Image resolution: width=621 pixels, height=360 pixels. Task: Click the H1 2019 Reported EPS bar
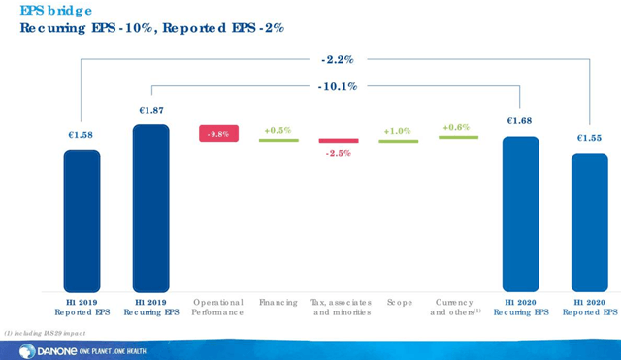[x=82, y=220]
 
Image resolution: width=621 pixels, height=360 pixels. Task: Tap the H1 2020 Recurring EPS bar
[x=520, y=213]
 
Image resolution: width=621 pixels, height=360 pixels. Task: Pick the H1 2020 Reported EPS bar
[x=590, y=222]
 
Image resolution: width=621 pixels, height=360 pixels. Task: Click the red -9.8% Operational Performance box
[x=218, y=134]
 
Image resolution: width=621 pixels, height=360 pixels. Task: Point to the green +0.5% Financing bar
[x=278, y=140]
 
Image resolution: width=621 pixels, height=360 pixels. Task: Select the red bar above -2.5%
[x=339, y=141]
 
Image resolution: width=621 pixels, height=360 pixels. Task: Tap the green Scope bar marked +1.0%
[x=398, y=141]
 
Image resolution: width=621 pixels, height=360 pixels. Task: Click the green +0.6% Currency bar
[x=458, y=137]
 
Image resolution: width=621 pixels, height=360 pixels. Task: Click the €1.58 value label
[x=82, y=135]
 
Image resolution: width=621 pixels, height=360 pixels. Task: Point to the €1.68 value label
[x=520, y=121]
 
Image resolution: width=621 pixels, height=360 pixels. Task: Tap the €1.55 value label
[x=590, y=138]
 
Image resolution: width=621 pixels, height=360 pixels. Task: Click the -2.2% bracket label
[x=339, y=59]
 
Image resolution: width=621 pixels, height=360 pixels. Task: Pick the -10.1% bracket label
[x=339, y=86]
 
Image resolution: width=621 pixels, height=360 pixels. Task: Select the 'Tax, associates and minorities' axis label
[x=339, y=308]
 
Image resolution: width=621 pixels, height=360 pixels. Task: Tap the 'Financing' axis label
[x=278, y=303]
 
